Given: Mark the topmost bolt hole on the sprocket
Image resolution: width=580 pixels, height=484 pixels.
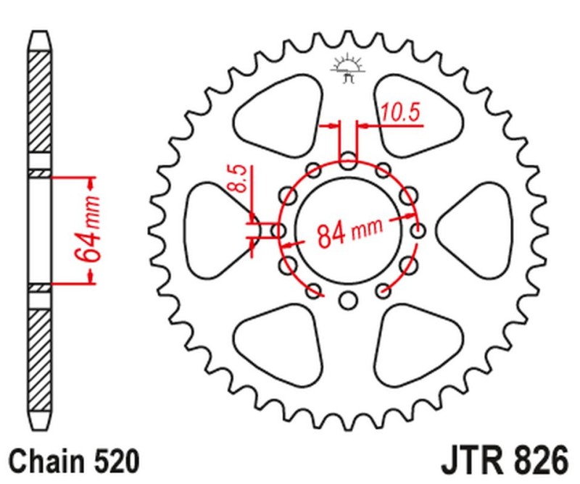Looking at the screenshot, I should point(348,160).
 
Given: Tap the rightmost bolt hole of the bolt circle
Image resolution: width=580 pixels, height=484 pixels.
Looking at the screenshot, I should point(418,230).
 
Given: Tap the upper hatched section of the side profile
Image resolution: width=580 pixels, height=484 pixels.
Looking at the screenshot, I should point(41,101).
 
